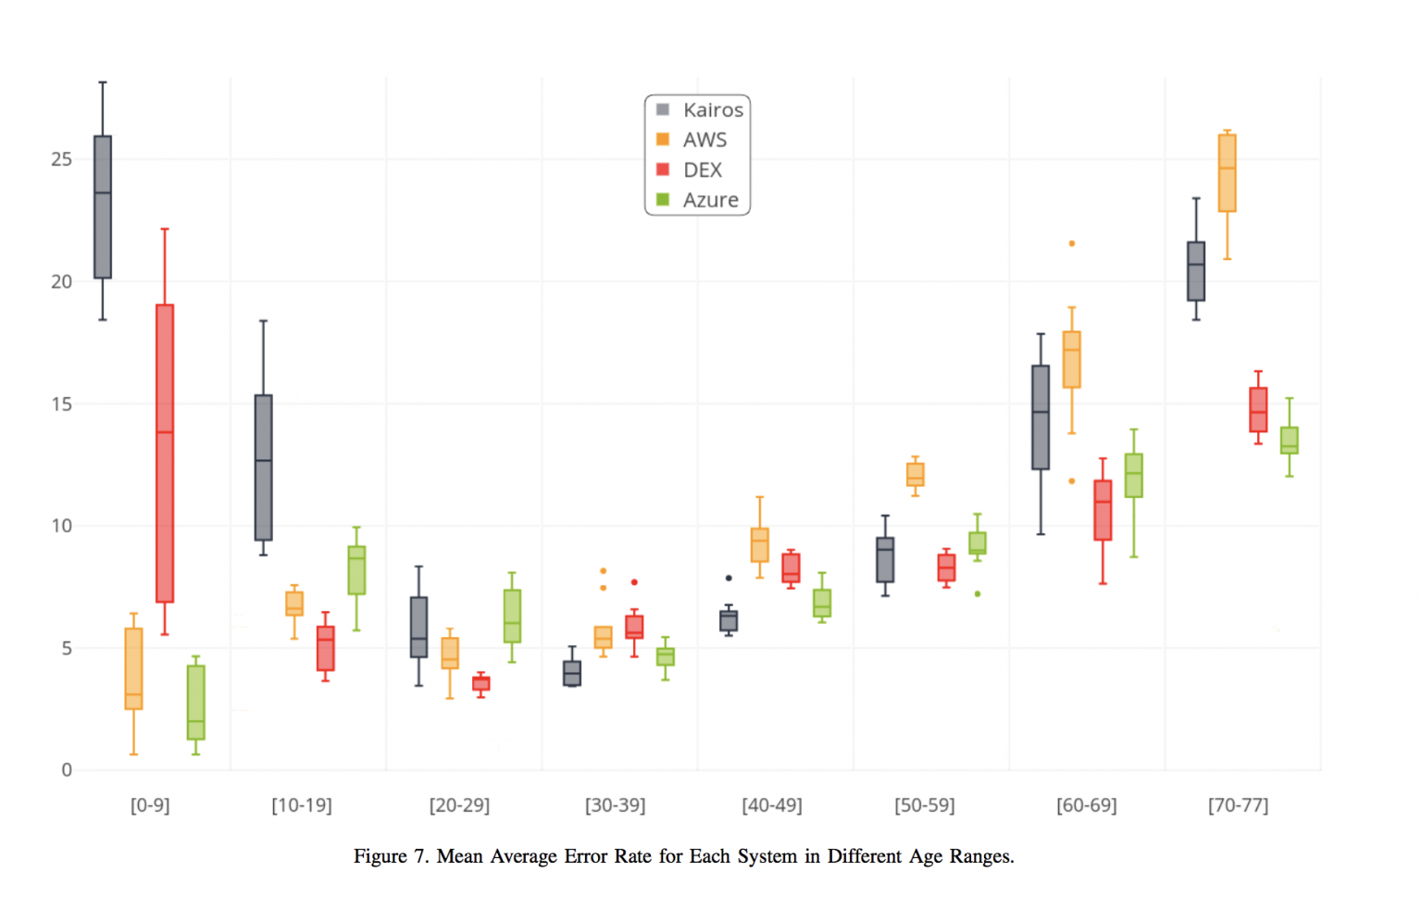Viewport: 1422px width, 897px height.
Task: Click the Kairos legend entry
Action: tap(712, 110)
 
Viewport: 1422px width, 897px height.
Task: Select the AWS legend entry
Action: tap(705, 140)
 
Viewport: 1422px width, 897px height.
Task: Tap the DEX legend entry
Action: tap(702, 170)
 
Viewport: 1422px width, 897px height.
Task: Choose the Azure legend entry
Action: tap(710, 200)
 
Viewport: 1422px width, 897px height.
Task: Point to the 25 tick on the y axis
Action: tap(61, 159)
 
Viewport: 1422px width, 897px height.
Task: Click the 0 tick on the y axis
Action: tap(67, 770)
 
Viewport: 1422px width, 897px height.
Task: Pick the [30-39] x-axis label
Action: tap(615, 805)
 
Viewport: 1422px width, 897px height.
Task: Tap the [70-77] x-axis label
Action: tap(1238, 805)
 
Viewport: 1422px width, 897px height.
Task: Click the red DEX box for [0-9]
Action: tap(165, 454)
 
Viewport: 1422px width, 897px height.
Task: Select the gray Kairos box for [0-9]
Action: tap(103, 207)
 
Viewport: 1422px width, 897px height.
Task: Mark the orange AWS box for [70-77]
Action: tap(1227, 173)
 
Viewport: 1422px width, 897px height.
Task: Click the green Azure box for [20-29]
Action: tap(512, 616)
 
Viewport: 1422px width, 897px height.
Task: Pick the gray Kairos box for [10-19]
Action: tap(263, 467)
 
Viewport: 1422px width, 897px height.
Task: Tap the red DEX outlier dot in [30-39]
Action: tap(634, 582)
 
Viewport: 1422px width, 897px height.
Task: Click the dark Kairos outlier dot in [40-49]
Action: tap(729, 578)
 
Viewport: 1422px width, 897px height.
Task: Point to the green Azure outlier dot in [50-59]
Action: tap(978, 593)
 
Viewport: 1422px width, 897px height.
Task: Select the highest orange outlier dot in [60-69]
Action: tap(1072, 243)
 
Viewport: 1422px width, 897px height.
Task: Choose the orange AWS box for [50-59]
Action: tap(915, 474)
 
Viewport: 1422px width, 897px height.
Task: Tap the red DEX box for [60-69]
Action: tap(1103, 510)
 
